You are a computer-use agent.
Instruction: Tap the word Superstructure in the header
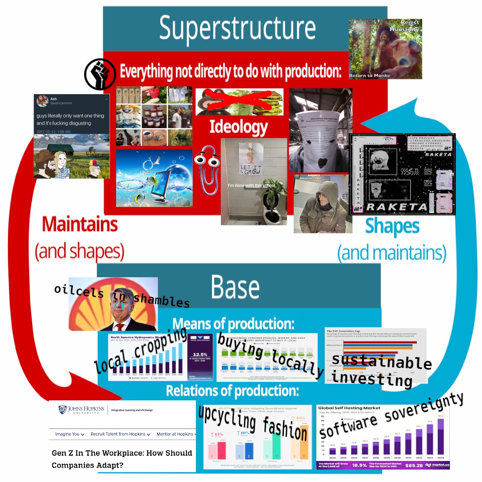(x=237, y=28)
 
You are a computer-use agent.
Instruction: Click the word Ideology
(x=239, y=127)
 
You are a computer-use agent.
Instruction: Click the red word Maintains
(x=80, y=224)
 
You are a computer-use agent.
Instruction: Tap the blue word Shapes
(x=392, y=226)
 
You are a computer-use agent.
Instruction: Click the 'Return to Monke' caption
(x=370, y=75)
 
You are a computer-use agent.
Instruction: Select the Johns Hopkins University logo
(x=82, y=410)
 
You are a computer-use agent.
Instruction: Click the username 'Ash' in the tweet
(x=54, y=99)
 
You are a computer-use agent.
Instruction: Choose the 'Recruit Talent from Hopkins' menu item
(x=120, y=434)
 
